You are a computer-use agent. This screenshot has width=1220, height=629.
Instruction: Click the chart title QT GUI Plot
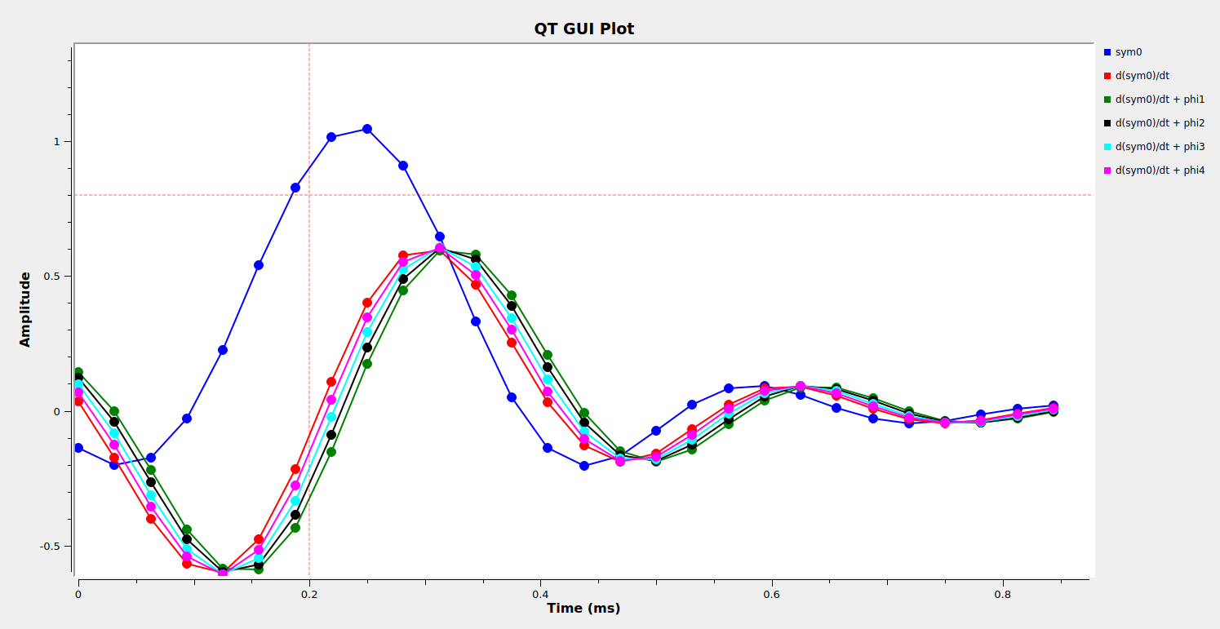pyautogui.click(x=583, y=29)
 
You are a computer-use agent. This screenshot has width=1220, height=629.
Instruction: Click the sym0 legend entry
pyautogui.click(x=1128, y=52)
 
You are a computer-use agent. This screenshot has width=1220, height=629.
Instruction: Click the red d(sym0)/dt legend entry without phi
pyautogui.click(x=1142, y=76)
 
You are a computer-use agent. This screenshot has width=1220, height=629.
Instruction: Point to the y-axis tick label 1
pyautogui.click(x=57, y=142)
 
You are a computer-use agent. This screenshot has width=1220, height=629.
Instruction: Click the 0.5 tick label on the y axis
pyautogui.click(x=52, y=277)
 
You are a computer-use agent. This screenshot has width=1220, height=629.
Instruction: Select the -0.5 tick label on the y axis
pyautogui.click(x=51, y=547)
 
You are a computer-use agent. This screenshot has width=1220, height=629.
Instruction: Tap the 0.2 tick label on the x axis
pyautogui.click(x=309, y=595)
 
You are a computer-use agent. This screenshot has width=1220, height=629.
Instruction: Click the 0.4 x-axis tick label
pyautogui.click(x=540, y=595)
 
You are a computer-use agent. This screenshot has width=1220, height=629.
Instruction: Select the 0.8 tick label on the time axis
pyautogui.click(x=1003, y=595)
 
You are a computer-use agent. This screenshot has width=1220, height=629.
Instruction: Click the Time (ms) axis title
pyautogui.click(x=583, y=609)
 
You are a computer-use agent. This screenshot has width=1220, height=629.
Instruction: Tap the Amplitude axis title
pyautogui.click(x=25, y=309)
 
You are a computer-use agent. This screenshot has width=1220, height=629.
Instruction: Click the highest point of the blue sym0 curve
pyautogui.click(x=367, y=129)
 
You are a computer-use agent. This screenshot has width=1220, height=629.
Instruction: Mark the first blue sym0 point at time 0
pyautogui.click(x=78, y=448)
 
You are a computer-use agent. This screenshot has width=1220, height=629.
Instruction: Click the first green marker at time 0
pyautogui.click(x=78, y=372)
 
